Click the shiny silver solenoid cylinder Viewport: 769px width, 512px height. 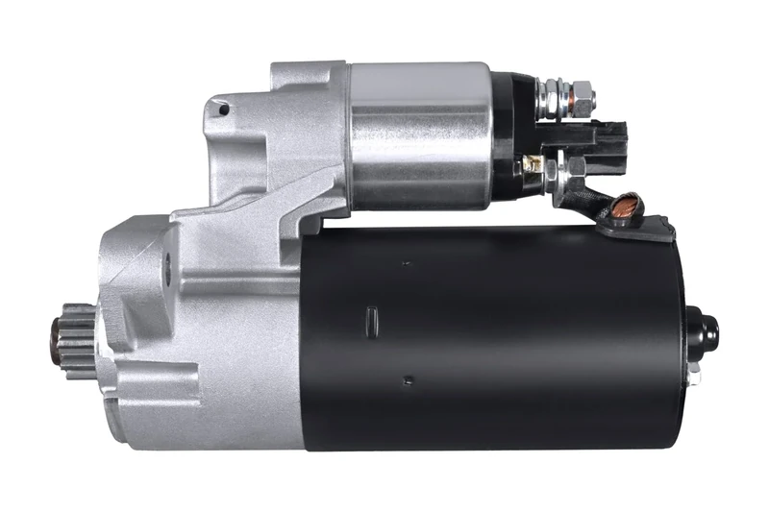coord(419,134)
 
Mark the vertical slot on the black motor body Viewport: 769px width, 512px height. coord(372,317)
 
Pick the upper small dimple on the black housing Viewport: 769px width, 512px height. coord(405,261)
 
